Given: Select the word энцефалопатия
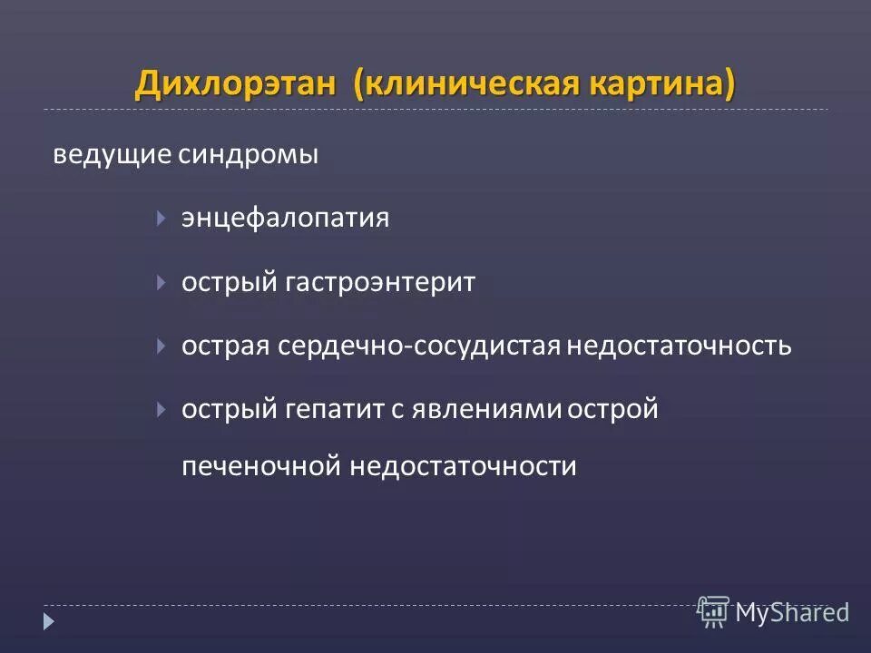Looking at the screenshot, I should point(286,219).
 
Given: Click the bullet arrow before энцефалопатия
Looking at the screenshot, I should point(161,219).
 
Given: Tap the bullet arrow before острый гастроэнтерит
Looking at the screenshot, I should point(161,282).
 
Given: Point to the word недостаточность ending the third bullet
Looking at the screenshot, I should point(680,346).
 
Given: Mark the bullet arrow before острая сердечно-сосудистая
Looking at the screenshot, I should point(161,346).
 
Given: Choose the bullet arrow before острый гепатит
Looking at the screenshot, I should point(161,409).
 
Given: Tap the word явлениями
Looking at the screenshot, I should point(487,410).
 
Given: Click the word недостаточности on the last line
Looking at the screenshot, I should point(464,467).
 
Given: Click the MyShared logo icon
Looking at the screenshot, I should point(714,612).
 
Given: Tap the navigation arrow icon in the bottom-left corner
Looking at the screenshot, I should point(49,622).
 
